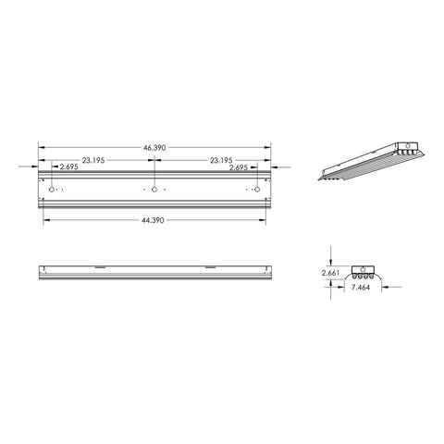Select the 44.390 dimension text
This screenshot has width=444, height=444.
click(x=154, y=220)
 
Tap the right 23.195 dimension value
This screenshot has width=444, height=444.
click(x=221, y=160)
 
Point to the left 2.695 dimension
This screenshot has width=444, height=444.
click(x=68, y=168)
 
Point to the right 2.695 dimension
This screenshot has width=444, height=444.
click(x=240, y=168)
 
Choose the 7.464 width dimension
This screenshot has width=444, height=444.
click(x=362, y=288)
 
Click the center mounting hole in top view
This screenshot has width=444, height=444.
click(x=154, y=191)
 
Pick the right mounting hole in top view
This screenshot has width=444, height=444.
click(x=257, y=191)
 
